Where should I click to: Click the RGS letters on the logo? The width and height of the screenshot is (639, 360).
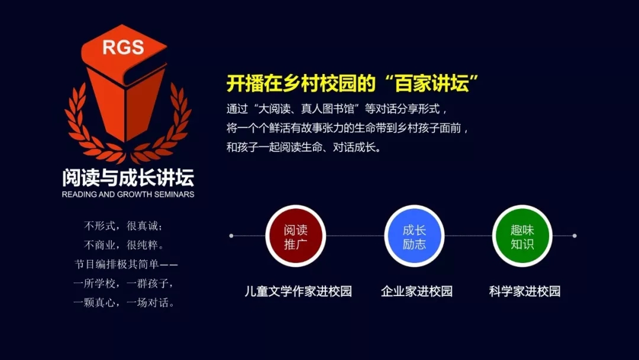click(123, 47)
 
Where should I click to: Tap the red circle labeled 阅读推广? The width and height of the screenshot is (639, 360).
click(295, 236)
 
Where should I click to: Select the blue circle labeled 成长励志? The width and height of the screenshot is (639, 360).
click(414, 236)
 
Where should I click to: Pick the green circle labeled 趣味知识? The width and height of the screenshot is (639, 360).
click(522, 236)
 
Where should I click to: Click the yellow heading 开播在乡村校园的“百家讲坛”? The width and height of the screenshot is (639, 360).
click(353, 83)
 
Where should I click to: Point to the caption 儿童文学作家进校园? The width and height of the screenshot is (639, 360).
click(298, 291)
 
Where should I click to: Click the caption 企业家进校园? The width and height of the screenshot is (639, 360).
click(417, 291)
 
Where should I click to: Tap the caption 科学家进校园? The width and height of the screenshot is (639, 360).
click(525, 291)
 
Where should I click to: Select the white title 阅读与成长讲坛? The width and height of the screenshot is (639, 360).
click(128, 178)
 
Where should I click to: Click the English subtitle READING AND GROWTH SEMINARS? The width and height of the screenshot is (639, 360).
click(128, 194)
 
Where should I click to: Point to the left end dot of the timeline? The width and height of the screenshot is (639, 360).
click(231, 236)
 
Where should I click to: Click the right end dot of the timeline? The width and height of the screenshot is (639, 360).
click(575, 236)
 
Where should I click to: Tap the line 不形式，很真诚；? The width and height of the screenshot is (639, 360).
click(124, 226)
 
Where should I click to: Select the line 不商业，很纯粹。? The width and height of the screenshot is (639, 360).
click(124, 245)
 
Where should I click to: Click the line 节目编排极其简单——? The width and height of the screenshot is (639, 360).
click(126, 264)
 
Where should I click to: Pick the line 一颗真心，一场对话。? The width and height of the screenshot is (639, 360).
click(124, 303)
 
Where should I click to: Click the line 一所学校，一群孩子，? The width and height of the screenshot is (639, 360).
click(124, 284)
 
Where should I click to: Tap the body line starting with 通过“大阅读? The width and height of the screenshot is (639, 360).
click(337, 109)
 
